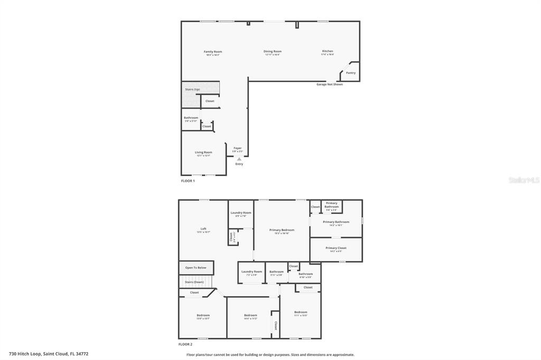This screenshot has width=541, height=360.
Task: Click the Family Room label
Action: click(x=213, y=52)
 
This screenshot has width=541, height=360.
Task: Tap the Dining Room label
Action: click(x=273, y=52)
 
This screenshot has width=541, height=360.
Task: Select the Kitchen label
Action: click(x=328, y=51)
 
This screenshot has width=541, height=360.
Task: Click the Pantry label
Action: click(x=351, y=73)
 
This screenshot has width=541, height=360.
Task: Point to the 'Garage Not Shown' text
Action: click(x=330, y=84)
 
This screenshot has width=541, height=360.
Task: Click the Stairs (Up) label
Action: click(x=192, y=89)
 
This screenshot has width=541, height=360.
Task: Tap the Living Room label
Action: click(x=203, y=153)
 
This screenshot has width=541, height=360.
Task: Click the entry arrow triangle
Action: click(x=239, y=158)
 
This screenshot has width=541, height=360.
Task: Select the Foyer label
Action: click(x=238, y=148)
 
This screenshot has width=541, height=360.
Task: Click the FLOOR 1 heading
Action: click(x=188, y=181)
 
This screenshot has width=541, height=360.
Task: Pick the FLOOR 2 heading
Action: click(x=185, y=344)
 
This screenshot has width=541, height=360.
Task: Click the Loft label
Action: click(x=203, y=229)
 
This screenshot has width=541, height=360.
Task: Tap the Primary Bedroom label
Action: click(x=282, y=230)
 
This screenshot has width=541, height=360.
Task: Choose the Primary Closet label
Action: click(x=336, y=248)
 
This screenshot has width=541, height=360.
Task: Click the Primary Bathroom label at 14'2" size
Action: click(x=336, y=222)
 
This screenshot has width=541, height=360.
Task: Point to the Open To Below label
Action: click(x=195, y=268)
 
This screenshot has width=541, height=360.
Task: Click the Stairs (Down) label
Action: click(x=194, y=282)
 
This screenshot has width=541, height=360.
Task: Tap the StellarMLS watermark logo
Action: click(x=524, y=180)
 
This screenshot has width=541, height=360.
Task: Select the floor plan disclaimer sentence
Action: click(x=270, y=355)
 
